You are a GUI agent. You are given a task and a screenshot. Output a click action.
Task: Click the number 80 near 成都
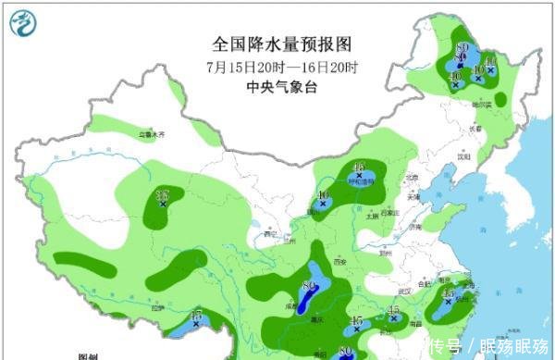tap(308, 283)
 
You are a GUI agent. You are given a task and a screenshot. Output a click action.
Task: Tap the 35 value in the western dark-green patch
tap(163, 194)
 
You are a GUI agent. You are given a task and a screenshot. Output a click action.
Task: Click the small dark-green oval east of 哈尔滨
tap(500, 98)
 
